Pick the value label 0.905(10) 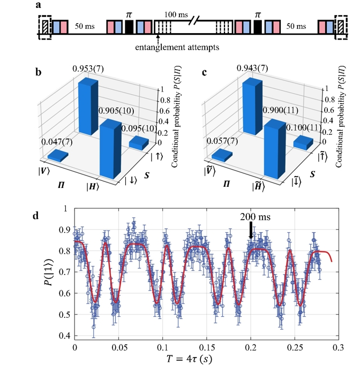coord(116,111)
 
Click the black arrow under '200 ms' coord(250,230)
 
